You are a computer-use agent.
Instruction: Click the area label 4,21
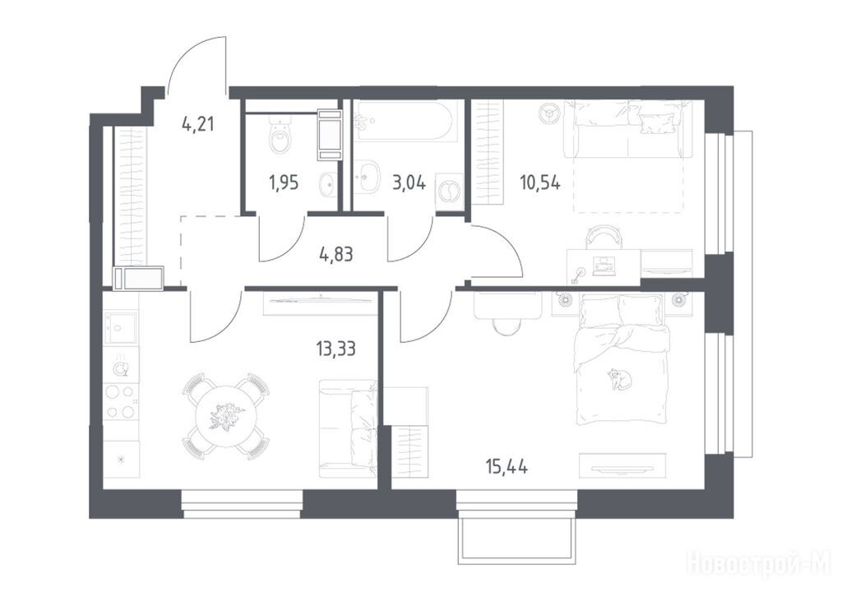pos(197,125)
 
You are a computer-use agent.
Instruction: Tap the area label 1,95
pos(283,183)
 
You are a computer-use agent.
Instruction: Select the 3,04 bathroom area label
pos(409,183)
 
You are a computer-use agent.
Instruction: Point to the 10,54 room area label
pos(539,183)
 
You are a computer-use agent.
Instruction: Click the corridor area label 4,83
pos(336,253)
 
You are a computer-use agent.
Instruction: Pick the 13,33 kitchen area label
pos(336,349)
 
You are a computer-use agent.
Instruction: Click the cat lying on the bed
pos(619,379)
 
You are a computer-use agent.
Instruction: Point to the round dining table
pos(226,417)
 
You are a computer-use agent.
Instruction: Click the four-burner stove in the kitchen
pos(121,402)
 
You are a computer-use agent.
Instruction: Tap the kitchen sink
pos(121,328)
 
